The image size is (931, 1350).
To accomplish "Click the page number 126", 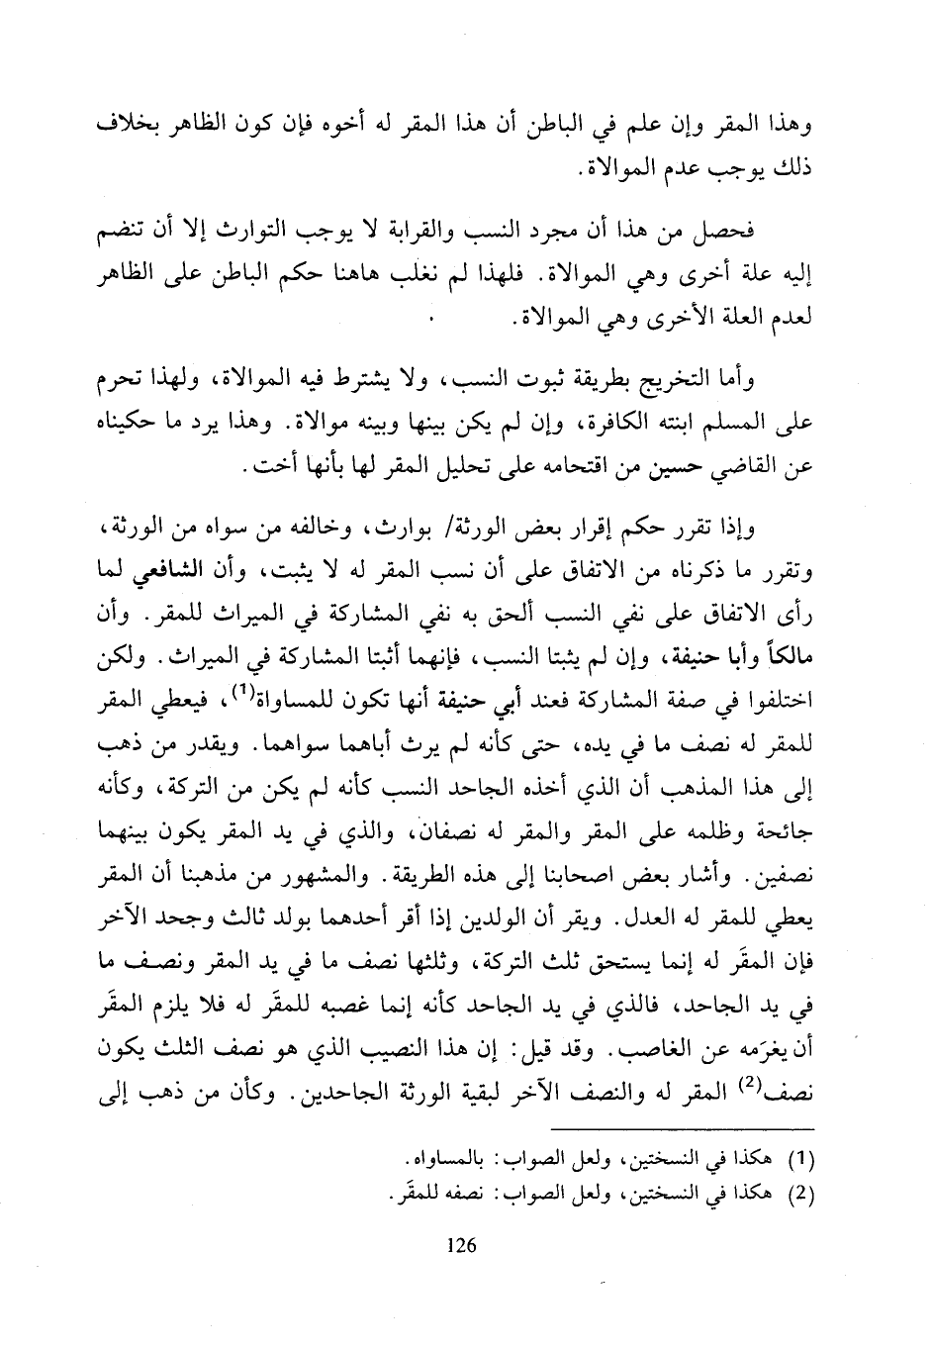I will (464, 1245).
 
